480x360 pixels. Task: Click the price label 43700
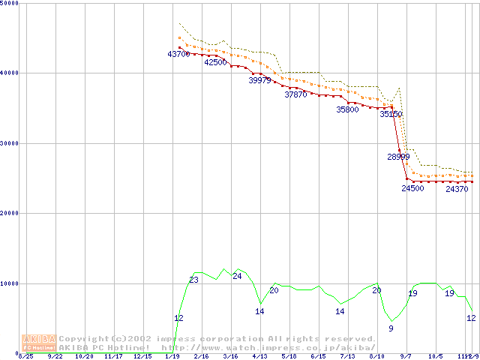(178, 54)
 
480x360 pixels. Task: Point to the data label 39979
(259, 80)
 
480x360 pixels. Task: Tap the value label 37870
(295, 94)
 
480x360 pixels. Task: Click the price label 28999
(398, 157)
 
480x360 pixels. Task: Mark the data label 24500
(412, 188)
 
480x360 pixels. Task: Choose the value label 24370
(457, 189)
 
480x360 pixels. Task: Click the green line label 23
(193, 280)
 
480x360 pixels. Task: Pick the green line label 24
(237, 276)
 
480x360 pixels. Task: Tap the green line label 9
(391, 328)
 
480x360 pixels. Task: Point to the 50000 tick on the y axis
(11, 4)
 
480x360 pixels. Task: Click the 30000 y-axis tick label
(11, 143)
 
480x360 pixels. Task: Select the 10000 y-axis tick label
(11, 283)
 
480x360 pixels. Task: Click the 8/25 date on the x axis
(25, 357)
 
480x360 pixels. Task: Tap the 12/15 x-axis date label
(142, 357)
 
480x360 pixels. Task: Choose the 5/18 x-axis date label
(289, 357)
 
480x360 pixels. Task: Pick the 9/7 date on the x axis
(406, 357)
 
